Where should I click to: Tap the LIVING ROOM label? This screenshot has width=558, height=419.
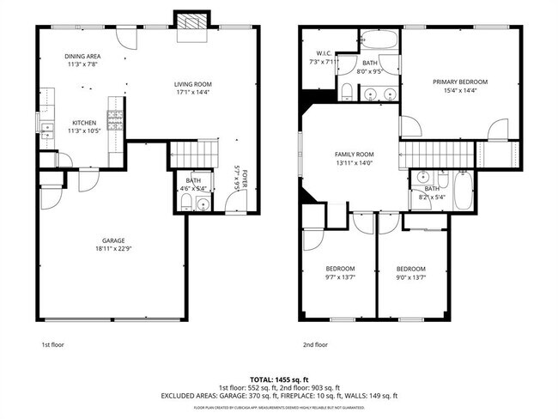click(x=193, y=83)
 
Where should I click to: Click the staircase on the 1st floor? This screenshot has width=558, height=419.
click(x=189, y=154)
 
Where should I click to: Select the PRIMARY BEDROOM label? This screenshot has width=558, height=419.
click(x=465, y=82)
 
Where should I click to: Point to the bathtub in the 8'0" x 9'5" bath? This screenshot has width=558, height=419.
click(x=378, y=39)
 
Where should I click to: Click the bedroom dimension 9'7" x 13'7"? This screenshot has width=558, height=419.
click(x=340, y=277)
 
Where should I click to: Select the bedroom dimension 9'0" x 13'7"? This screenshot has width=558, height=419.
click(x=410, y=277)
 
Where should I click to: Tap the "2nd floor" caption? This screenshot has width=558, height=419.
click(x=315, y=344)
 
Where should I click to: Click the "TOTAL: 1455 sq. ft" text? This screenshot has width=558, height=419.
click(x=279, y=379)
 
